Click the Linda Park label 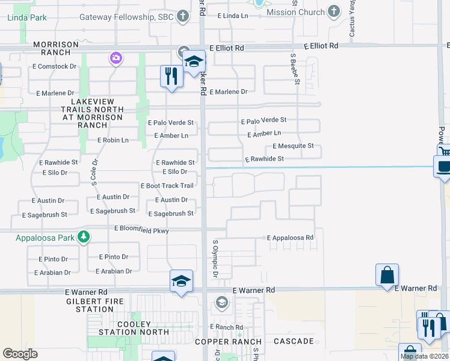27,17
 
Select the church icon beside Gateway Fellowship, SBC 183,17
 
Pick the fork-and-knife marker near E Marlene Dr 171,76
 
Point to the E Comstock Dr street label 57,66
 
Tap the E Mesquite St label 293,146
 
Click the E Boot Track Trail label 167,186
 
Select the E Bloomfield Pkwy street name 141,230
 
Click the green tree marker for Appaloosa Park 84,237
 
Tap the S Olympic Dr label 215,259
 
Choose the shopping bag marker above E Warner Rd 387,274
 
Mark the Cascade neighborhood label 293,341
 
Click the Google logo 20,354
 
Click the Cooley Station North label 126,329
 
